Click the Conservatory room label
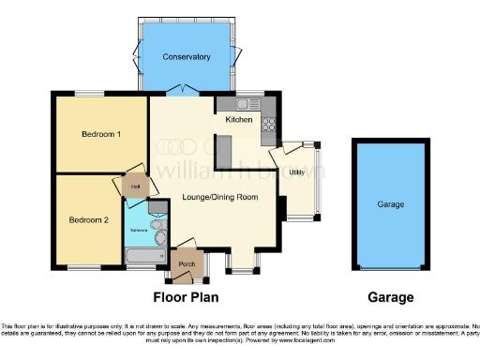[186, 57]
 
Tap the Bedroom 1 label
[100, 135]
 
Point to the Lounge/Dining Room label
[220, 197]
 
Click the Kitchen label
[239, 120]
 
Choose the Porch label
[187, 263]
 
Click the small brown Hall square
[136, 187]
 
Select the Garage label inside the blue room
[390, 203]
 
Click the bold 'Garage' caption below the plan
[390, 297]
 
